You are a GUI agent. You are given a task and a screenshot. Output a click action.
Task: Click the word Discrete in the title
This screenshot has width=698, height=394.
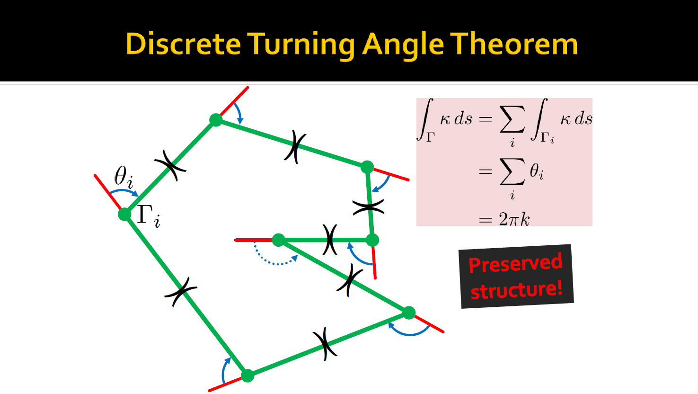click(x=183, y=44)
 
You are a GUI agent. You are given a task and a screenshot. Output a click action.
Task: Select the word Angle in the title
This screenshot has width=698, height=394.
click(x=403, y=45)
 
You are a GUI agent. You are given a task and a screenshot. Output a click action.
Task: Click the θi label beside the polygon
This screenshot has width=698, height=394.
click(x=124, y=178)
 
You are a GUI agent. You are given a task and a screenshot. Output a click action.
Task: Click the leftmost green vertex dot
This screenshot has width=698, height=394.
click(x=124, y=214)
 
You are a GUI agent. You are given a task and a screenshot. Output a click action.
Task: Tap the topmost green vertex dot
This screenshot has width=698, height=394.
click(x=216, y=120)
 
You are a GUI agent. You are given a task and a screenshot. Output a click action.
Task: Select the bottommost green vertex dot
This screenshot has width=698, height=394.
click(x=247, y=376)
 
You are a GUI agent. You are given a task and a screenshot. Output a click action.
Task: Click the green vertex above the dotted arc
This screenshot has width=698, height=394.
click(x=279, y=240)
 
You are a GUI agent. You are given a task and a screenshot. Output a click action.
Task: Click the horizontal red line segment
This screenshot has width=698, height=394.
click(x=253, y=240)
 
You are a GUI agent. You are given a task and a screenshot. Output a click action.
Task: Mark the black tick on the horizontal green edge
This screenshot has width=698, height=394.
click(x=330, y=240)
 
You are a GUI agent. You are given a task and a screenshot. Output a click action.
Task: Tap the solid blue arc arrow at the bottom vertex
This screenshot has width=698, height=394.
click(x=224, y=369)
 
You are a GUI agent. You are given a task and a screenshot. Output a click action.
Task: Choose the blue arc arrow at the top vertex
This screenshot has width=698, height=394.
click(x=239, y=113)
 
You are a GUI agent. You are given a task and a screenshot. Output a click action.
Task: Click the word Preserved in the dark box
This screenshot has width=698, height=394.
click(x=515, y=263)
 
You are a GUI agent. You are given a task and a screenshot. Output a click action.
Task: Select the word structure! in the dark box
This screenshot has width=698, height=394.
click(x=517, y=290)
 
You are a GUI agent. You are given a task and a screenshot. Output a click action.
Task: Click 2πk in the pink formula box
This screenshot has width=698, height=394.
click(x=514, y=219)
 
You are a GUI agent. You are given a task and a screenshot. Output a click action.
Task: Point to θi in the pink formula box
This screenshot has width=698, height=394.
click(x=537, y=171)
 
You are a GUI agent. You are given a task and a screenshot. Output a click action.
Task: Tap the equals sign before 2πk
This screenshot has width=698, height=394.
click(x=485, y=220)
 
